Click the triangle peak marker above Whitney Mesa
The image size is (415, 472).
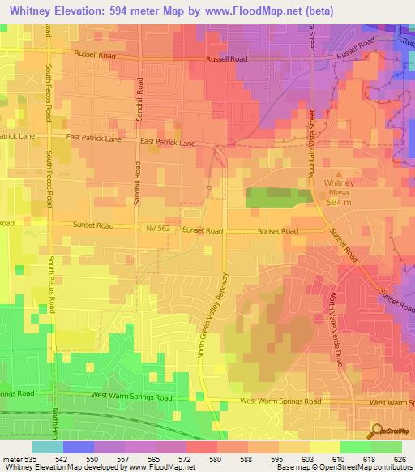click(339, 174)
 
